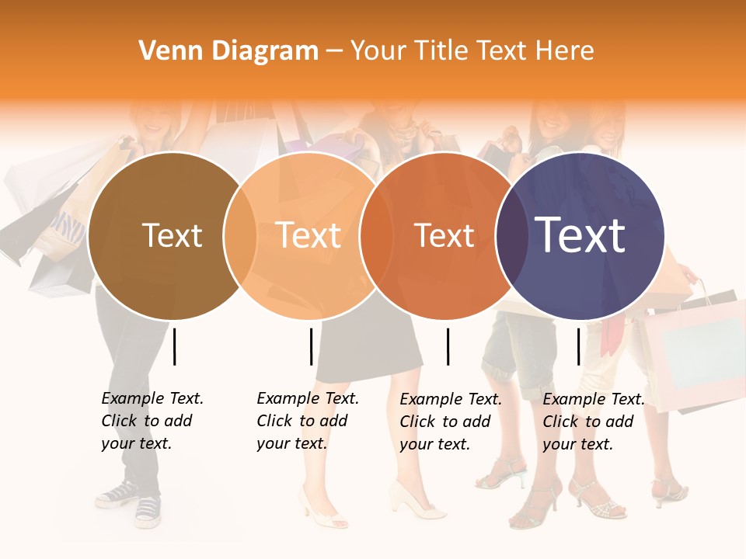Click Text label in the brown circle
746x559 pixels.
[172, 235]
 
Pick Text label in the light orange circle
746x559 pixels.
[309, 235]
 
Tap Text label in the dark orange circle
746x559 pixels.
[444, 235]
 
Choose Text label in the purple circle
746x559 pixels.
[580, 234]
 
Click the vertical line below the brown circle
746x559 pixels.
[175, 346]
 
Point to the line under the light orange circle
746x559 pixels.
[311, 346]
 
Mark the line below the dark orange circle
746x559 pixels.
[448, 346]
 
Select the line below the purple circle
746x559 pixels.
[578, 346]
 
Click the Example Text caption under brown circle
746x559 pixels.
[152, 421]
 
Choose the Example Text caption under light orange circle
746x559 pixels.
[307, 421]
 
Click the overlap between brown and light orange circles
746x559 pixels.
[240, 236]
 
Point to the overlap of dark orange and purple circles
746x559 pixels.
[511, 236]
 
